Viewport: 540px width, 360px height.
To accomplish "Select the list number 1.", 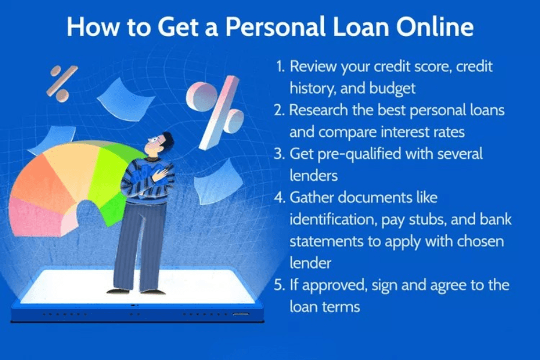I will tap(280, 67).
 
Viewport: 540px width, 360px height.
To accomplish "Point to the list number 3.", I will tap(280, 154).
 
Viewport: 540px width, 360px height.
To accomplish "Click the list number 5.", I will tap(280, 284).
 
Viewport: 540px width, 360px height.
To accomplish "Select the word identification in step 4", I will tap(334, 220).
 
